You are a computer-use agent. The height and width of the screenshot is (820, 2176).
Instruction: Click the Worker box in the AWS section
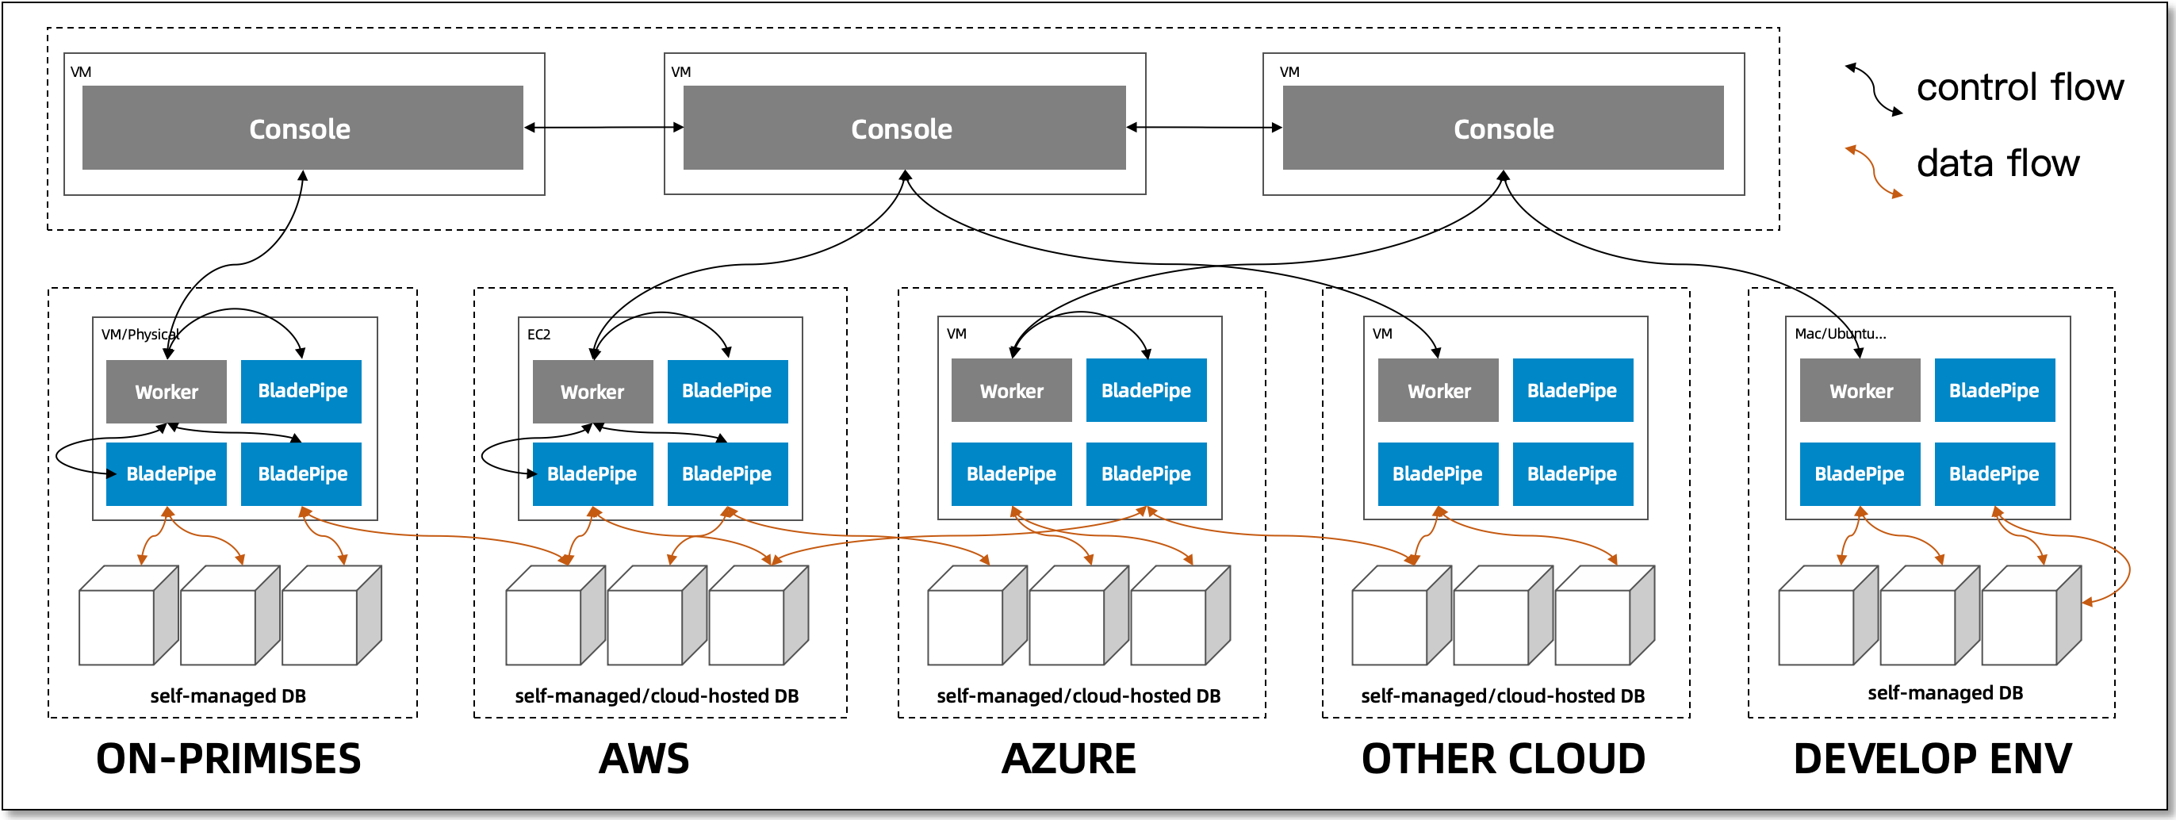pos(592,392)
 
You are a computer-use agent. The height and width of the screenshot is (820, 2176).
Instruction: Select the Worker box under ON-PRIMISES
pos(167,392)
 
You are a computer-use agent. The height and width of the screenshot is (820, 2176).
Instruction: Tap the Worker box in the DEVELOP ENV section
pos(1860,391)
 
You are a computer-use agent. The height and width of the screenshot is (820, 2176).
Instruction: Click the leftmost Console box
pos(301,128)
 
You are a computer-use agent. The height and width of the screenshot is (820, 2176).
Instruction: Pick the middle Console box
pos(903,128)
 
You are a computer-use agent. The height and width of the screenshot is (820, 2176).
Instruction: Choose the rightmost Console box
pos(1503,128)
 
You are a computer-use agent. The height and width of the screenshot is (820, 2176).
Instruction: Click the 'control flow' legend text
pos(2019,88)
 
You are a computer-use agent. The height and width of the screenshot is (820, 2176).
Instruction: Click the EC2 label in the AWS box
pos(538,335)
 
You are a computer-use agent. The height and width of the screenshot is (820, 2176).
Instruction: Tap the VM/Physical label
pos(140,335)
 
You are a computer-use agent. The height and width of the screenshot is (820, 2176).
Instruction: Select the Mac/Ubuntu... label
pos(1840,334)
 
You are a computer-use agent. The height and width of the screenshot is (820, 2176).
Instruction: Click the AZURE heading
pos(1069,758)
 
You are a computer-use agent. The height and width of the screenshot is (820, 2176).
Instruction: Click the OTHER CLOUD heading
pos(1503,758)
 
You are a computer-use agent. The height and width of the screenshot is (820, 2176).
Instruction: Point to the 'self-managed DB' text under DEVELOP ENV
pos(1944,692)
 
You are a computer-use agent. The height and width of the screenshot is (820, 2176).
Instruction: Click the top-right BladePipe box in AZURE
pos(1147,390)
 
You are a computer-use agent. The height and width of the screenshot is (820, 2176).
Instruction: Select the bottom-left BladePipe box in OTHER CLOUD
pos(1437,473)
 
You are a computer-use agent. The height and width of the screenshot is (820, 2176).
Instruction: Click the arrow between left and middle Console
pos(603,128)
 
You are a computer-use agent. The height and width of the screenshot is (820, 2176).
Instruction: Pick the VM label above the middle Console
pos(681,72)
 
